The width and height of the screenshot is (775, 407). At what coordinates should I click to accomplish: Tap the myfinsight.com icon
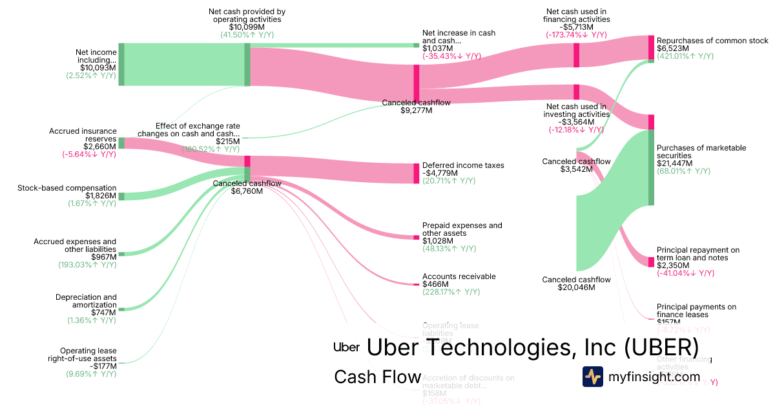(592, 377)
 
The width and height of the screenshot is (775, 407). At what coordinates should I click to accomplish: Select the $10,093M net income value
(98, 67)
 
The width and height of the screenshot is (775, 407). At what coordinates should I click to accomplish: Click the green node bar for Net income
(121, 64)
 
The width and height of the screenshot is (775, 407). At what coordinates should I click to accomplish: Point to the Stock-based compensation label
(67, 188)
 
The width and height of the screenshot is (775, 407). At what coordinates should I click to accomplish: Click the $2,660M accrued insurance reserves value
(101, 146)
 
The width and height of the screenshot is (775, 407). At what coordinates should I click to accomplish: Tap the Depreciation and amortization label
(86, 301)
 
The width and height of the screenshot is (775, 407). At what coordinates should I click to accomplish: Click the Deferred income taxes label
(463, 165)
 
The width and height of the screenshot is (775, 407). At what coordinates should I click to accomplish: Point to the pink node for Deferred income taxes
(417, 173)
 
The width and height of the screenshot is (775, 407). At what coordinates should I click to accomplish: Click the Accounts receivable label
(459, 277)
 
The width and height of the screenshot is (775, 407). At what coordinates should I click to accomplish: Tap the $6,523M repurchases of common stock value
(672, 48)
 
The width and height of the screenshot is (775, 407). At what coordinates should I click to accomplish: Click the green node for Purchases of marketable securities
(651, 168)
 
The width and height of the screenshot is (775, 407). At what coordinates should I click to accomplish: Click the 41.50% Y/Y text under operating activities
(247, 35)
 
